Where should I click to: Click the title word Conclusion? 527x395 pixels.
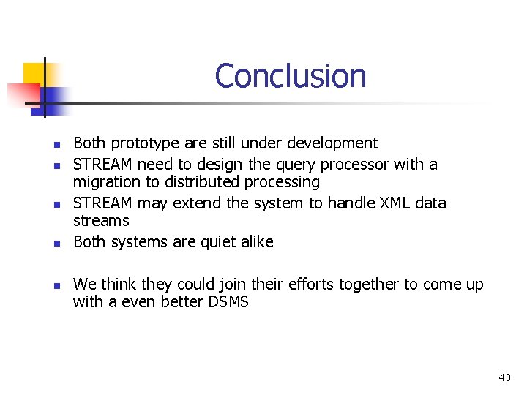point(291,76)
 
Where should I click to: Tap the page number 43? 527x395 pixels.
point(504,377)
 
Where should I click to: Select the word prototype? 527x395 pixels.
point(141,143)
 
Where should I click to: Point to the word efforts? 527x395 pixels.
point(307,284)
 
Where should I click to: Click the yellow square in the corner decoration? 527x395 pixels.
point(34,73)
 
